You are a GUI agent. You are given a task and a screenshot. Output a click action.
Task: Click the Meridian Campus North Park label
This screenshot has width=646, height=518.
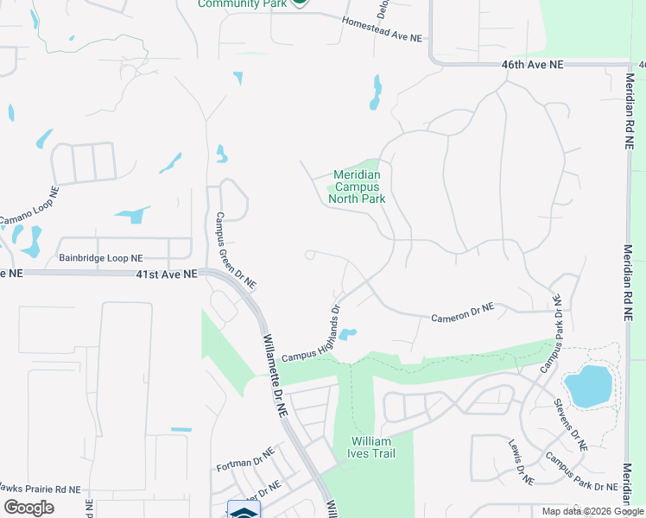point(357,186)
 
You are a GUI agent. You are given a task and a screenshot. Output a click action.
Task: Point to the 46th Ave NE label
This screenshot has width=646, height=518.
point(532,65)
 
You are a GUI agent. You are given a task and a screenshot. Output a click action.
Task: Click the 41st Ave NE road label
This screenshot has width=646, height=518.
point(168,273)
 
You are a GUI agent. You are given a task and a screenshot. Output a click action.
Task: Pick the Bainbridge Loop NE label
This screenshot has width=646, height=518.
point(101,258)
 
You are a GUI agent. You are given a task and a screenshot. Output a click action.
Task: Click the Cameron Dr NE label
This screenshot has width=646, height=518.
point(463,312)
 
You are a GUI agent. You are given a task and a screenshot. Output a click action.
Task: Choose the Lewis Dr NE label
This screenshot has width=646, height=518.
point(521,464)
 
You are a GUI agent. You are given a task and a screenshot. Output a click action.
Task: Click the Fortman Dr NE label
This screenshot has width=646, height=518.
point(244,458)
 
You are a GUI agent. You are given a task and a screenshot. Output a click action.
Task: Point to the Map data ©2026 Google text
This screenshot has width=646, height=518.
point(591,511)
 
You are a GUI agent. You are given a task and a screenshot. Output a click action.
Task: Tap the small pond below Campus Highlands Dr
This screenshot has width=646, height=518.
point(346,334)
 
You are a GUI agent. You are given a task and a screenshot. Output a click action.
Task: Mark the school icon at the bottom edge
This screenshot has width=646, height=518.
point(243,510)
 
